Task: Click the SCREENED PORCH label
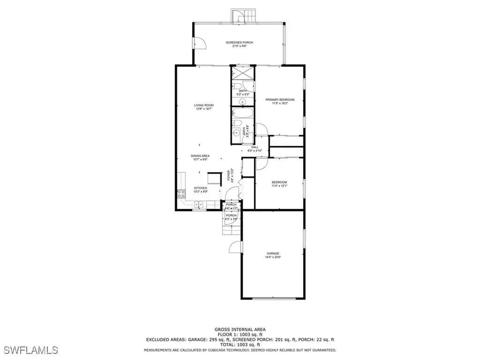point(239,43)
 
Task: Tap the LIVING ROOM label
point(204,105)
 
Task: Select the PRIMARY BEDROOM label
point(280,99)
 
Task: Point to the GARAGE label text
point(273,254)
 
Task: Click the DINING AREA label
point(200,156)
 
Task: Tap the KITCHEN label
point(201,188)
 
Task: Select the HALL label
point(255,147)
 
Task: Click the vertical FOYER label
point(229,175)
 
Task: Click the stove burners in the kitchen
point(180,194)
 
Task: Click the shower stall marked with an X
point(243,74)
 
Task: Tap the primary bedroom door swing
point(261,129)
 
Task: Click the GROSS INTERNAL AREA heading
point(240,330)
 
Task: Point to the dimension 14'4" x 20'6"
point(273,257)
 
